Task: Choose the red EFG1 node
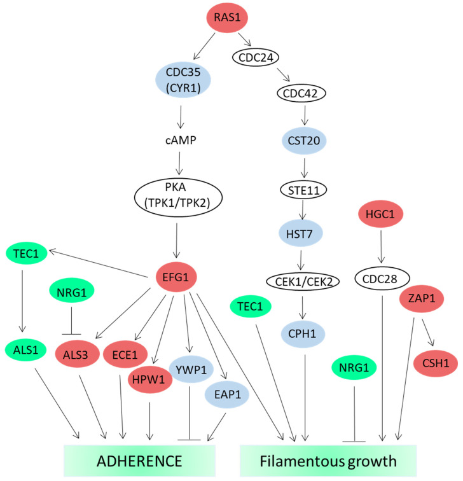point(182,276)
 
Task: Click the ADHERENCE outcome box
point(139,460)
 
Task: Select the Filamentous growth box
point(328,460)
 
